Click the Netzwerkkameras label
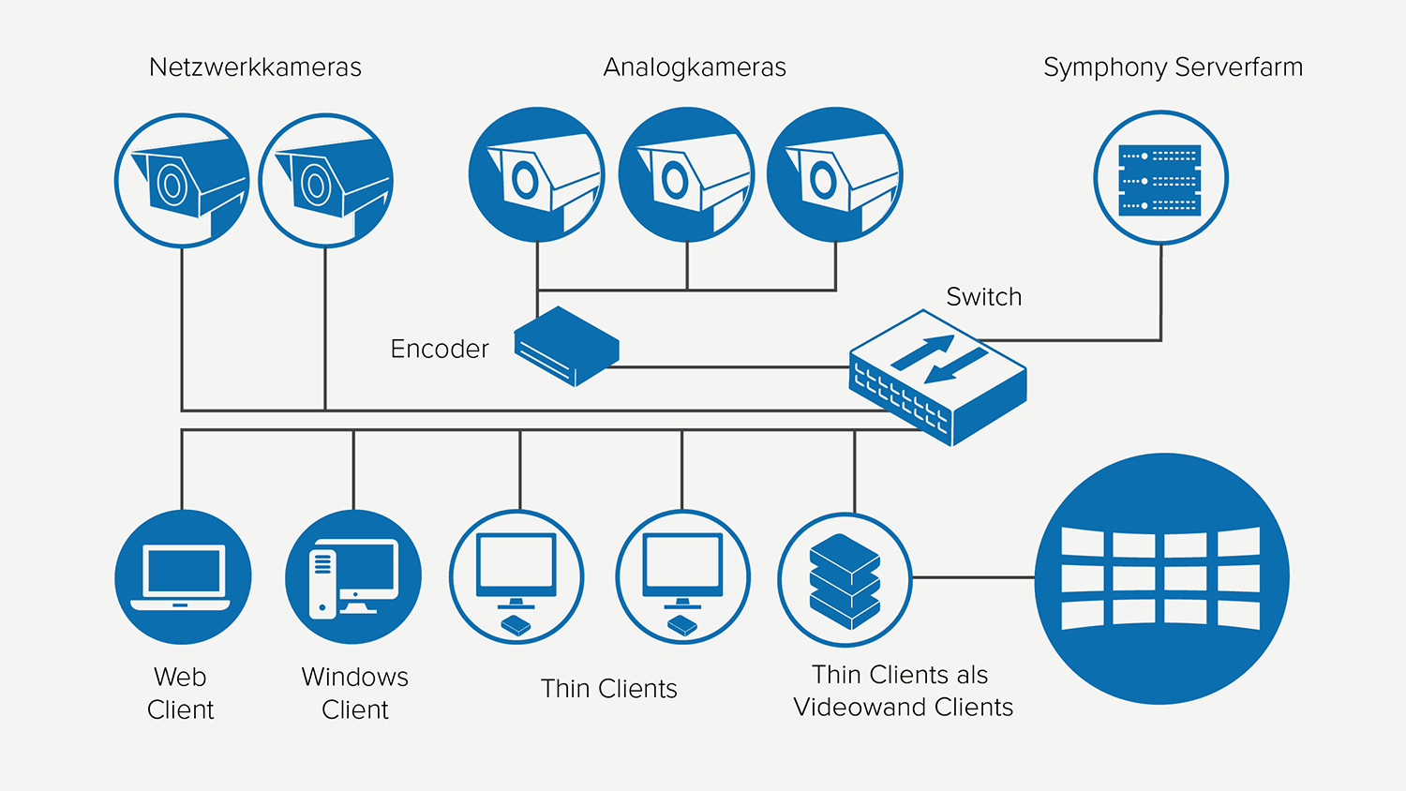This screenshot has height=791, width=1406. point(255,67)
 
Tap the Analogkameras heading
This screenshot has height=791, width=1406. point(695,67)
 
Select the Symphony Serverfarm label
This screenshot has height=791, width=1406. point(1173,67)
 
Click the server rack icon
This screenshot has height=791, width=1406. point(1160,179)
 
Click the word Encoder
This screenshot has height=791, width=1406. point(440,350)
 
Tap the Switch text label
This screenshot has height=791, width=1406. point(983,297)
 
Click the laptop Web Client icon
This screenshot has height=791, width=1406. point(183,577)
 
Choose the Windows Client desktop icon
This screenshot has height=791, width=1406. point(353,577)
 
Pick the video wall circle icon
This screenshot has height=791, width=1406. point(1161,578)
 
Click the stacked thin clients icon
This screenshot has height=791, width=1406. point(845,580)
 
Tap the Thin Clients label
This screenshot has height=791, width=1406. point(609,689)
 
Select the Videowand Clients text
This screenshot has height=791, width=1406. point(903,708)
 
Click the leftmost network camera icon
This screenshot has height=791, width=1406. point(182,181)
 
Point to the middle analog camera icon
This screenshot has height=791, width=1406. point(687,174)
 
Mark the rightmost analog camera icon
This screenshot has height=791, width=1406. point(834,174)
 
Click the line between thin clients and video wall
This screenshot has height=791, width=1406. point(973,577)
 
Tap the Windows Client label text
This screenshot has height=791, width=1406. point(355,694)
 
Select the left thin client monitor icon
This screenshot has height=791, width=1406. point(516,577)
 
